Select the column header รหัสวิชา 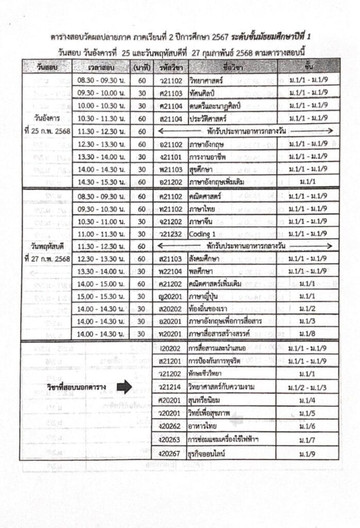(171, 67)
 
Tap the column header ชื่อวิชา (233, 67)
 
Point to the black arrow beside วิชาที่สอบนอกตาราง (124, 386)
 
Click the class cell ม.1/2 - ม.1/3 (308, 387)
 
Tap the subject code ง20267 (170, 453)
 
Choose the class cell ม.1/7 (308, 440)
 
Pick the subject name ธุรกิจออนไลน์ (208, 453)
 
